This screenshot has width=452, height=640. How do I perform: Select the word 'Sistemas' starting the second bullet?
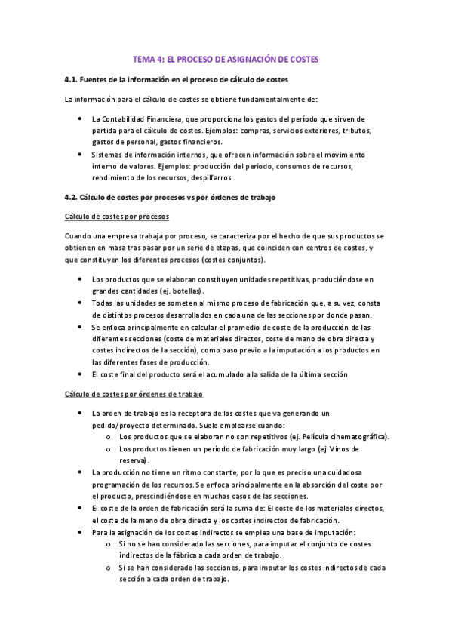107,154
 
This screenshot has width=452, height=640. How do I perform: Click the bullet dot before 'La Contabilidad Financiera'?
81,119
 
